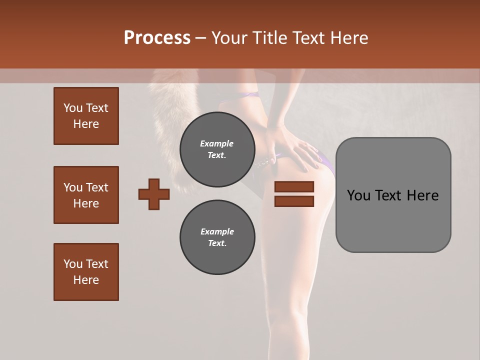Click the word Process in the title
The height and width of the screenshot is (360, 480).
(x=157, y=38)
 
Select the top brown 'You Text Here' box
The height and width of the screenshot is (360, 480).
(x=86, y=116)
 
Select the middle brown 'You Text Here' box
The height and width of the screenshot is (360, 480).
(x=86, y=195)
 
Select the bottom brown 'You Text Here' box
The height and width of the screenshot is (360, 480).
(x=86, y=272)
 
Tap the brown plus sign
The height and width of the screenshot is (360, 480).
(x=154, y=194)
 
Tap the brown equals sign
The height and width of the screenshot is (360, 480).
(x=294, y=194)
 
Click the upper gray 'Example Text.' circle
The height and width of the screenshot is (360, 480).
(x=217, y=149)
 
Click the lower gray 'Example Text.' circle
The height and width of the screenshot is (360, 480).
(x=217, y=237)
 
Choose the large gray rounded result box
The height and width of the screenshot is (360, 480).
(x=393, y=195)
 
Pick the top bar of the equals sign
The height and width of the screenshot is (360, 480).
(x=294, y=187)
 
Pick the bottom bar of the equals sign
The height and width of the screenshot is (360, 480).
(x=294, y=201)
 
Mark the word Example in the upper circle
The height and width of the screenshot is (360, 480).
(x=217, y=143)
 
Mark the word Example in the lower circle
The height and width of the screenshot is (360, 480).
(x=217, y=231)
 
